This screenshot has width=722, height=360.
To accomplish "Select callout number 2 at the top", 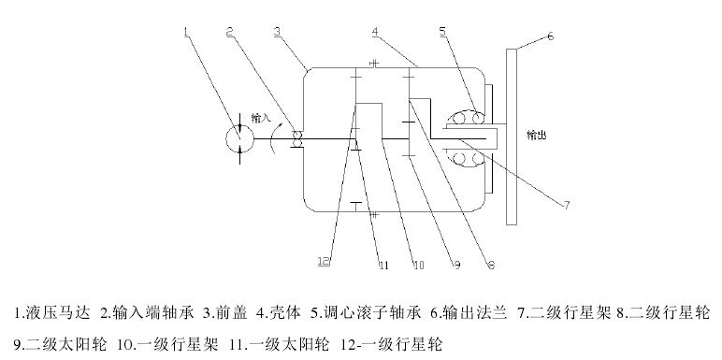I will [230, 31].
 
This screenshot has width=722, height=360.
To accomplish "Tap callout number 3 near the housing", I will [278, 31].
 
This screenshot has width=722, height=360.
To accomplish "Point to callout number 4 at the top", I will [374, 31].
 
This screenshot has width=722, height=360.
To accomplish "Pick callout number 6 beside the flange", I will [550, 36].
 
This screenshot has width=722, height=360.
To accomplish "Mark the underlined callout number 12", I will [324, 262].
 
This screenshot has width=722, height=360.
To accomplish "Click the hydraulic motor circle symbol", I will [240, 137].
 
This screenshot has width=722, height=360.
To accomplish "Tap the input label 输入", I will [261, 119].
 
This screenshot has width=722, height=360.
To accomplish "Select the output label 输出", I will [537, 135].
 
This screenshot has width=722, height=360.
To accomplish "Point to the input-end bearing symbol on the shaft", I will [298, 138].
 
